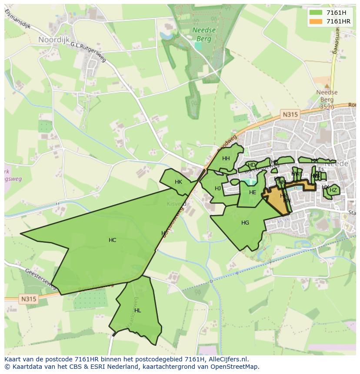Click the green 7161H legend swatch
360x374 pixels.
[x=316, y=13]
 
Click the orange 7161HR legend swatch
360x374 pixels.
[x=316, y=21]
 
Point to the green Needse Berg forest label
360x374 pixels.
[x=202, y=34]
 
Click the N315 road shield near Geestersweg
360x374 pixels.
[x=28, y=299]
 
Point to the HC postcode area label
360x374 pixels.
[x=112, y=240]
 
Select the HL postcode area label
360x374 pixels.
[x=138, y=311]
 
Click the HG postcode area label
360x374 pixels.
[x=245, y=223]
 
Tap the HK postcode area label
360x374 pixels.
[x=178, y=182]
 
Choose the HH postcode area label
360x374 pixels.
[x=226, y=159]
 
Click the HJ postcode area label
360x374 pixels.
[x=218, y=189]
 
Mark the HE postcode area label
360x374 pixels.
[x=253, y=192]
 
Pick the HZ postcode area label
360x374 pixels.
[x=333, y=190]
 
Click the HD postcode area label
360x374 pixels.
[x=251, y=165]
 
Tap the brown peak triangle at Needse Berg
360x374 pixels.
[x=327, y=86]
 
